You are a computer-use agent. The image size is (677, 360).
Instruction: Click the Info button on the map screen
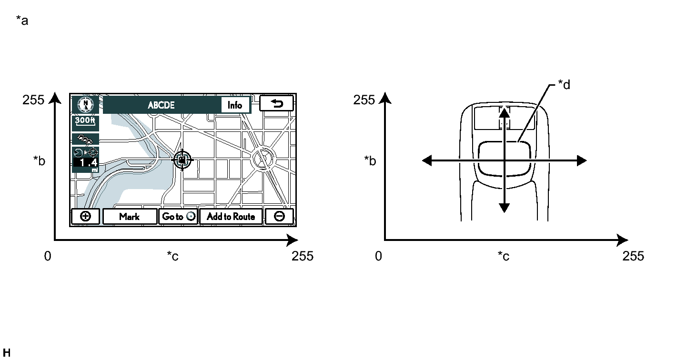point(235,105)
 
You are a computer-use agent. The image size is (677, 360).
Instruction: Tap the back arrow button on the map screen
point(276,104)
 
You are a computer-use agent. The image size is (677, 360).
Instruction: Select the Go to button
point(178,216)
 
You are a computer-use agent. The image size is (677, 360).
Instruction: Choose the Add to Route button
point(231,216)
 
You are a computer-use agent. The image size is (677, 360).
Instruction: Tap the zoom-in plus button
point(86,216)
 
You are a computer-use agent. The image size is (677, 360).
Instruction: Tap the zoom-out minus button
point(279,216)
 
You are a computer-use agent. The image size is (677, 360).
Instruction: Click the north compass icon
point(86,105)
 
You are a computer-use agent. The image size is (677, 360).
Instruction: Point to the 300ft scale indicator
point(85,121)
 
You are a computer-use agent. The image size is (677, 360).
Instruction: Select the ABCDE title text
point(161,105)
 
